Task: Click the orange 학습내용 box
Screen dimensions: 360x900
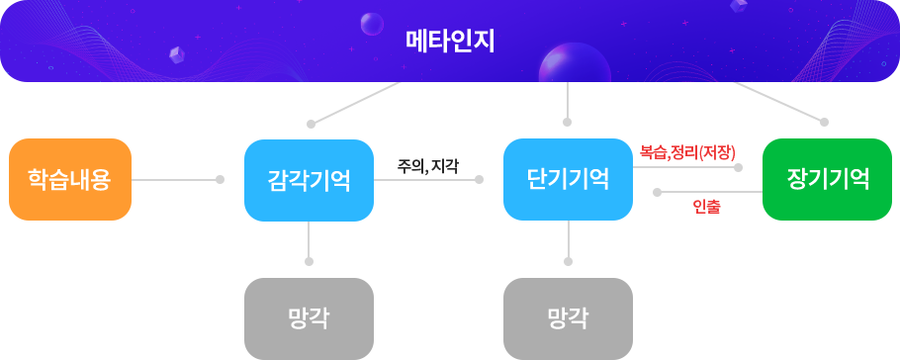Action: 69,179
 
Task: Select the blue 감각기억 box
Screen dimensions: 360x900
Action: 308,181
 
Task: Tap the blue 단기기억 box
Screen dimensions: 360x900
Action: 568,179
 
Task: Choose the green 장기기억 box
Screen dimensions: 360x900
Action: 827,179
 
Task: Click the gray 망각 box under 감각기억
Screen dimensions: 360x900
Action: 308,317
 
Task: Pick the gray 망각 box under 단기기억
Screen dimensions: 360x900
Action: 568,317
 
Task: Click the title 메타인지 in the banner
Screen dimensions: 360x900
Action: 450,42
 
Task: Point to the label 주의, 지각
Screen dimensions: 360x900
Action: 428,166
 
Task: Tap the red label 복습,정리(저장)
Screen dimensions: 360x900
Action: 687,152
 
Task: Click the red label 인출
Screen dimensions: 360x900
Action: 706,206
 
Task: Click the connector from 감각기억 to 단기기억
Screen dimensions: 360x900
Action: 428,180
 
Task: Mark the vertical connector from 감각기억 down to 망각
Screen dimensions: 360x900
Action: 309,243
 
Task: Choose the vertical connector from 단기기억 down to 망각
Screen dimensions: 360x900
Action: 568,243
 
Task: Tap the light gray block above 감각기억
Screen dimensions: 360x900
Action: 366,104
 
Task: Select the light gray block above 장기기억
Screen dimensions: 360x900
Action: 770,103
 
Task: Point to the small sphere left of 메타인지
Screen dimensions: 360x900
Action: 372,23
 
